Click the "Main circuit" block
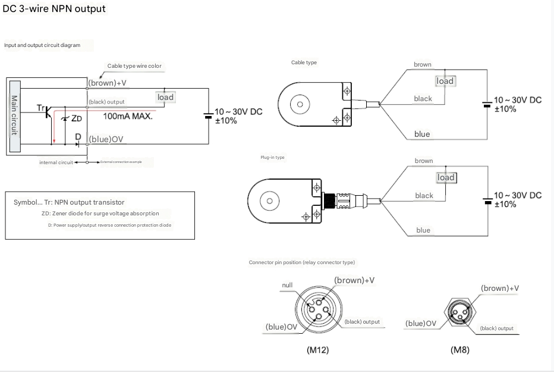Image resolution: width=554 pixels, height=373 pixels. [x=15, y=117]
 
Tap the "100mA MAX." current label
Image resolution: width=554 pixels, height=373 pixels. [x=128, y=117]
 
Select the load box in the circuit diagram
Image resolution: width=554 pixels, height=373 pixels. [x=165, y=97]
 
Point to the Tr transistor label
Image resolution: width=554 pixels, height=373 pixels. [x=41, y=108]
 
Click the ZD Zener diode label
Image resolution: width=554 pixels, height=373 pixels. [x=77, y=118]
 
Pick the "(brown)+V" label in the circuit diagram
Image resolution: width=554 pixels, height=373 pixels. [x=108, y=83]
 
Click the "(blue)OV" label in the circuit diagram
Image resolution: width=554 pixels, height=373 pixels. [x=106, y=139]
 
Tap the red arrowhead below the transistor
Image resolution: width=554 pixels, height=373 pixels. [x=53, y=142]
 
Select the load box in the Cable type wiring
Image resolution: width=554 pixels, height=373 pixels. [x=445, y=81]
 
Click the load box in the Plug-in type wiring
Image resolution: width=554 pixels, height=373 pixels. [x=446, y=177]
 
